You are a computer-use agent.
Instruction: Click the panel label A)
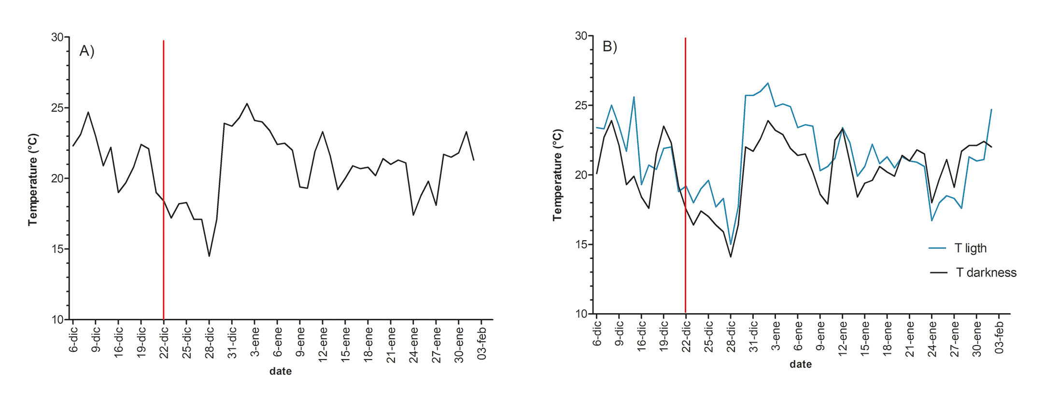(87, 51)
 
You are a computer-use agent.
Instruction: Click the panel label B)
(609, 46)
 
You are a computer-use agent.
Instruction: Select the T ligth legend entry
(970, 248)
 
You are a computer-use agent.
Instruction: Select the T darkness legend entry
(986, 273)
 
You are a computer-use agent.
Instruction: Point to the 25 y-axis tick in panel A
(57, 108)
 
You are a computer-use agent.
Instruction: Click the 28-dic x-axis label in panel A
(210, 343)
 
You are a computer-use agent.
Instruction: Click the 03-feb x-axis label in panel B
(999, 337)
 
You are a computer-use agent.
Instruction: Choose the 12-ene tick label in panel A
(323, 344)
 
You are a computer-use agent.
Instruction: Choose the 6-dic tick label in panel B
(597, 333)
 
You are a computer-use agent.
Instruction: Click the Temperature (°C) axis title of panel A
(33, 180)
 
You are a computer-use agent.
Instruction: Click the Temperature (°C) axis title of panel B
(557, 175)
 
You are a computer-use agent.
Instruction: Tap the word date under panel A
(281, 371)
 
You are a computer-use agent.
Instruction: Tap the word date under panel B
(801, 364)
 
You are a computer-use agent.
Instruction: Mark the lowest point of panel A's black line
(209, 256)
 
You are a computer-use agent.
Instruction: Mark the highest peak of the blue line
(768, 83)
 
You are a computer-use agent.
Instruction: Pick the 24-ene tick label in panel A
(414, 344)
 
